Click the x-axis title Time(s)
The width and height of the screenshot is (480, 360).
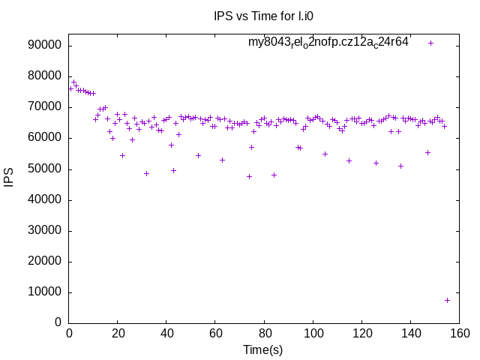point(262,349)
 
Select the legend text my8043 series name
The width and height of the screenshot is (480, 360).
point(328,42)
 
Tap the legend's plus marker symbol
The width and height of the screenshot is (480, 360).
point(430,43)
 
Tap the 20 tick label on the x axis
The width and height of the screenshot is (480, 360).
point(117,334)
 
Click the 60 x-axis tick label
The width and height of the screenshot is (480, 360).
point(214,334)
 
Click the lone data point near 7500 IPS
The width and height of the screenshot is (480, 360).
point(447,300)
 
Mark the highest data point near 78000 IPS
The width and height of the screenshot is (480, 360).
point(73,82)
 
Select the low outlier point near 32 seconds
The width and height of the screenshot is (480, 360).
point(146,173)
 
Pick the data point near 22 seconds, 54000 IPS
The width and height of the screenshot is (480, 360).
point(122,155)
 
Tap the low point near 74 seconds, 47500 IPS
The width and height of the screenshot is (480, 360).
point(249,176)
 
